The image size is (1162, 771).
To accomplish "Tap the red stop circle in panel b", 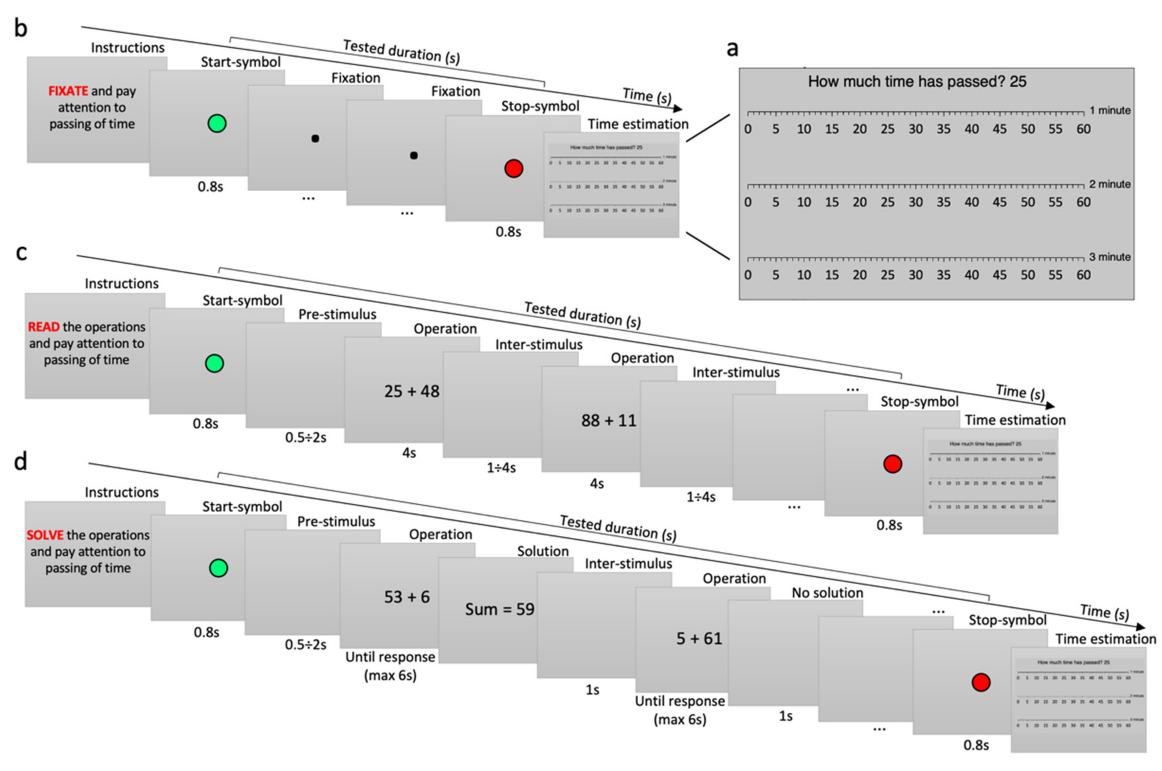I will [513, 169].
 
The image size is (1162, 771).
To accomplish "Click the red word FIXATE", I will [68, 91].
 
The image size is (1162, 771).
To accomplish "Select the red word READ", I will [43, 327].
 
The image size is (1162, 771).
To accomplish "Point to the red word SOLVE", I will [45, 535].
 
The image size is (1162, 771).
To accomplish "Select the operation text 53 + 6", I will [407, 597].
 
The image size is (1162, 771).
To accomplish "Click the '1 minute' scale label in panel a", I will [1109, 111].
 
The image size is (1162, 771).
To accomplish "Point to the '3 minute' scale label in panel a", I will [1109, 257].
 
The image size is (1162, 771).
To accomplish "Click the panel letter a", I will [732, 49].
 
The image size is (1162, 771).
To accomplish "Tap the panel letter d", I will [21, 463].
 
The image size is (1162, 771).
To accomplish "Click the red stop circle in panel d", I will [980, 682].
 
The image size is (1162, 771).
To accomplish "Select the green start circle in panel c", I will [214, 364].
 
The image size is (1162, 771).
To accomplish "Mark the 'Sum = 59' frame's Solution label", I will [543, 551].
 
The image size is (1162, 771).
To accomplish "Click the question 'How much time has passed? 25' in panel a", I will [916, 82].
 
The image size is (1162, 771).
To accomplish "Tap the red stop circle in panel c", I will [892, 464].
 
